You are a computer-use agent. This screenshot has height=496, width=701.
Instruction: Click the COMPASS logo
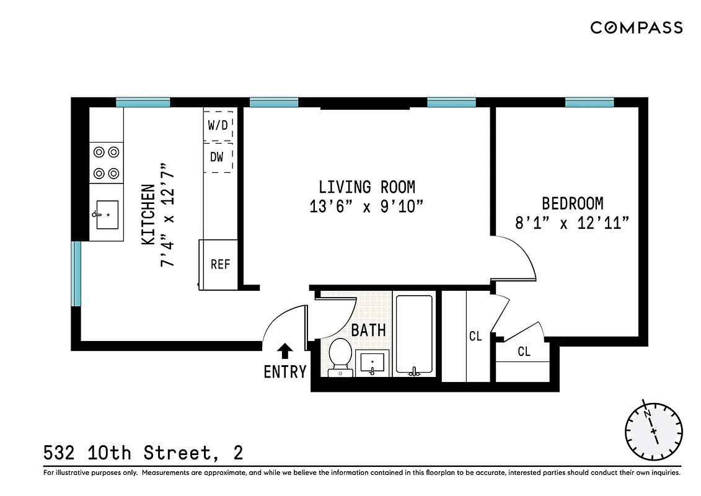(636, 27)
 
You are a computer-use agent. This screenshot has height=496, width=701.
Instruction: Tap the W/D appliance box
(218, 125)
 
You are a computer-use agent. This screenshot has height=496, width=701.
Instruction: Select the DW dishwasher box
(218, 157)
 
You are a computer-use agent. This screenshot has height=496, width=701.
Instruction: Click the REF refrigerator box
(219, 264)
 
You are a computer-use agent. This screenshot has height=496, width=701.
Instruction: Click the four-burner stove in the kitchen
(106, 162)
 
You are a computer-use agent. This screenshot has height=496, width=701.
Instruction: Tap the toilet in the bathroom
(340, 357)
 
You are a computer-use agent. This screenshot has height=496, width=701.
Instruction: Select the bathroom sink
(373, 362)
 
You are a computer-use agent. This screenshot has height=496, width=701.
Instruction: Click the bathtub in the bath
(413, 335)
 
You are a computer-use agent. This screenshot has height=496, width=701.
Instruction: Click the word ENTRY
(285, 372)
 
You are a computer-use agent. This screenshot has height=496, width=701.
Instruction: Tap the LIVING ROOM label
(367, 187)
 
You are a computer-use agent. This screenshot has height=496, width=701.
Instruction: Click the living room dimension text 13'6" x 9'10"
(367, 206)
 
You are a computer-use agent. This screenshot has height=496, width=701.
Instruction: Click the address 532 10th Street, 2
(143, 453)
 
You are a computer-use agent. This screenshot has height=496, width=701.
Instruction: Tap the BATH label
(368, 330)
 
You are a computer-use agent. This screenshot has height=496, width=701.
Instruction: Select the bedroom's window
(589, 102)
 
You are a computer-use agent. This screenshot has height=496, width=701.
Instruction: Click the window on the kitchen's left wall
(76, 273)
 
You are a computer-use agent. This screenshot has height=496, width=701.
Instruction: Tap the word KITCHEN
(148, 215)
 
